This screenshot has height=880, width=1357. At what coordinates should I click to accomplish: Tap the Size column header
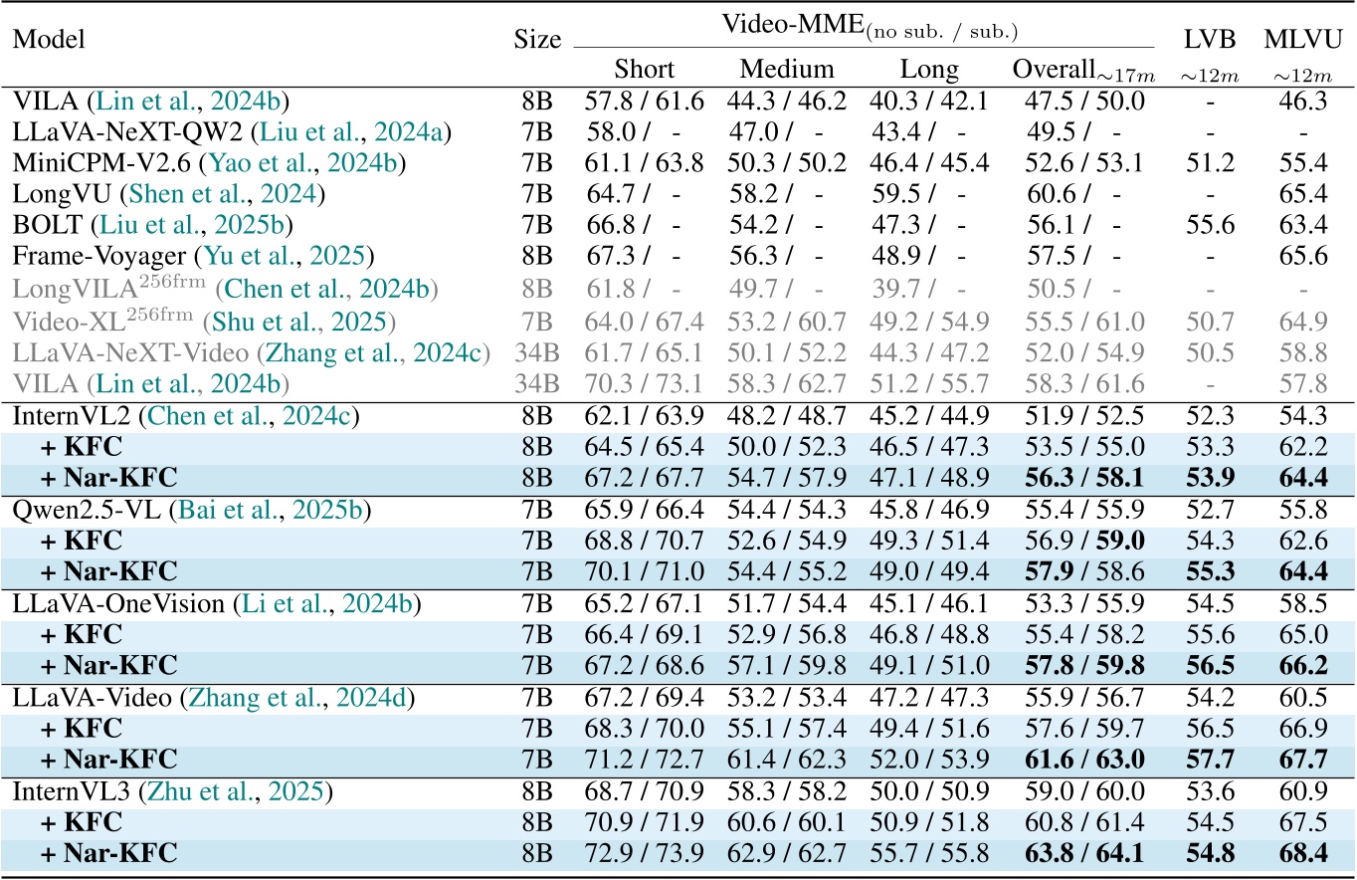pyautogui.click(x=537, y=40)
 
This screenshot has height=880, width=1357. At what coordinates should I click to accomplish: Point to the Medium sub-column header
pyautogui.click(x=787, y=70)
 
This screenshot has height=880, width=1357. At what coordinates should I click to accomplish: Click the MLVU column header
pyautogui.click(x=1303, y=39)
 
